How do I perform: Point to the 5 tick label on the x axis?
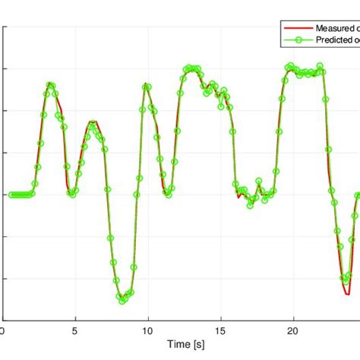click(x=74, y=332)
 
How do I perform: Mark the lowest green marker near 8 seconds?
click(x=122, y=301)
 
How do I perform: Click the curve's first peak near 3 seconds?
click(x=50, y=85)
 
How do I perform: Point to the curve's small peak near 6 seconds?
click(x=93, y=122)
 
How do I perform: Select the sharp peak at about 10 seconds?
click(x=146, y=86)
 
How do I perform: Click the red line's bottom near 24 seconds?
click(x=346, y=293)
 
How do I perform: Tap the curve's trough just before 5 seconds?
click(x=72, y=194)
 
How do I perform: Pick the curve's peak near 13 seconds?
click(x=190, y=69)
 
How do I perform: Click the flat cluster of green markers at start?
click(x=21, y=194)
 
